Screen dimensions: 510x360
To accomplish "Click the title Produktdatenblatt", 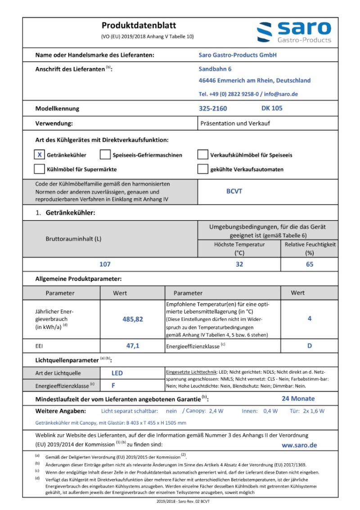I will pos(139,25).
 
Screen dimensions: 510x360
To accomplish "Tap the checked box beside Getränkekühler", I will pos(40,155).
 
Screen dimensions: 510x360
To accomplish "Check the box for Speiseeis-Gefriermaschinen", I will pos(105,155).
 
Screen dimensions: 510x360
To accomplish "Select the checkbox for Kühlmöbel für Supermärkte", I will pos(40,169).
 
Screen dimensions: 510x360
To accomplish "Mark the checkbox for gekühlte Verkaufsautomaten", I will pos(202,169).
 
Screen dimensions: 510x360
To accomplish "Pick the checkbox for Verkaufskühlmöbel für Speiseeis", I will pos(202,155).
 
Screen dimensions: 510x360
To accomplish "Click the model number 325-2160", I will pos(213,108).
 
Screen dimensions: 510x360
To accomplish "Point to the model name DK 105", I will pos(272,108).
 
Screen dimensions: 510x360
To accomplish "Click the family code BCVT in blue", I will pos(234,191).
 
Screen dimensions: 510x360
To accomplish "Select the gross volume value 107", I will pos(105,264).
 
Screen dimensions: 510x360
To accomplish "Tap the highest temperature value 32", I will pos(239,264).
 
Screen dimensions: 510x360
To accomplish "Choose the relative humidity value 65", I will pos(310,264).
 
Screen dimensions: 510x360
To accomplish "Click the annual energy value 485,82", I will pos(133,319).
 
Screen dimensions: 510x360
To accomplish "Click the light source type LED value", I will pos(117,373).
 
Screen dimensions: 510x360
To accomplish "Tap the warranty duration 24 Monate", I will pos(298,398).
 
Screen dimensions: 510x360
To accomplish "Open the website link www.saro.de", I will pos(299,445).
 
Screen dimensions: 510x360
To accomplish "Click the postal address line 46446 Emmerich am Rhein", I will pos(254,81).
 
